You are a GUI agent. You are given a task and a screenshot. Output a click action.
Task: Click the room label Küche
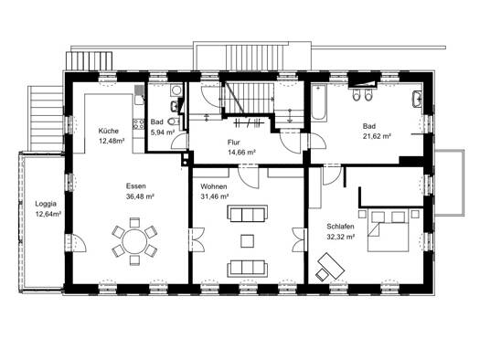click(x=108, y=131)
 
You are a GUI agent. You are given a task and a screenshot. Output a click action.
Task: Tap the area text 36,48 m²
click(x=140, y=196)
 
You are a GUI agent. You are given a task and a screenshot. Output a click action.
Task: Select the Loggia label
click(x=46, y=204)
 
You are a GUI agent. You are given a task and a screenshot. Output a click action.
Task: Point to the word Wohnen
click(x=214, y=186)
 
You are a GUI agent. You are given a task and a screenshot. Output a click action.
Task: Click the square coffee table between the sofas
click(x=247, y=240)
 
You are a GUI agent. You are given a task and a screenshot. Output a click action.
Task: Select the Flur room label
click(x=233, y=143)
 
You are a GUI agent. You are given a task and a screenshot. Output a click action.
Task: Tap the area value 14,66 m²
click(x=242, y=153)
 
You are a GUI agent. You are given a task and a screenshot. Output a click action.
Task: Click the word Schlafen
click(x=340, y=227)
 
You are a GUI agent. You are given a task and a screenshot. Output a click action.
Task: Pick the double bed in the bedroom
click(x=389, y=230)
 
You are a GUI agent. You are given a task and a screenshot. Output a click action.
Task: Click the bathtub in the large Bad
click(x=319, y=101)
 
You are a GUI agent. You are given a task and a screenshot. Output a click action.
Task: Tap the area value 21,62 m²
click(x=377, y=136)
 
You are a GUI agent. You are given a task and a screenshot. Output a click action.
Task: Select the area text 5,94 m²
click(x=163, y=132)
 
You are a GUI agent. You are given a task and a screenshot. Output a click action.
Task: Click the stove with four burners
click(x=138, y=123)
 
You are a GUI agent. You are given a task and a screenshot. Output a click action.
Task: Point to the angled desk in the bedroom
click(x=331, y=266)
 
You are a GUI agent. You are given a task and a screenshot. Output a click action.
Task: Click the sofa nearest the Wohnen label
click(x=247, y=214)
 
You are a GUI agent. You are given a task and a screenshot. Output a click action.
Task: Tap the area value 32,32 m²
click(x=341, y=237)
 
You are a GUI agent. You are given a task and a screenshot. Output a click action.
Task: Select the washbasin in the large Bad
click(x=417, y=99)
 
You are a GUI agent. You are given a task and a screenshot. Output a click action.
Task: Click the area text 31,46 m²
click(x=215, y=196)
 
